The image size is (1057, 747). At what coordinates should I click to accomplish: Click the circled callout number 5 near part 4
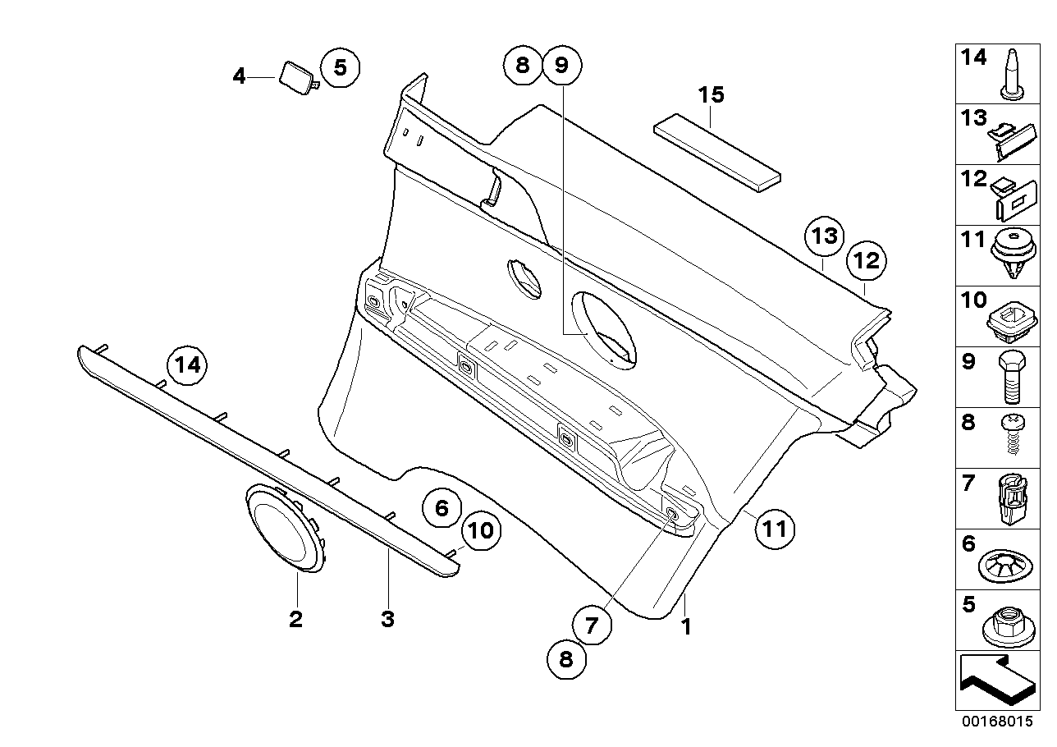[340, 66]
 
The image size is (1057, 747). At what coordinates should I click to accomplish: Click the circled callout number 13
[823, 236]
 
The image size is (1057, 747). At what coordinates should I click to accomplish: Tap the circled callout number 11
[775, 528]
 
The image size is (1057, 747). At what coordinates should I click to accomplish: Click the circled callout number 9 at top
[561, 65]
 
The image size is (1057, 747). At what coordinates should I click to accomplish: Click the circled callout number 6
[442, 508]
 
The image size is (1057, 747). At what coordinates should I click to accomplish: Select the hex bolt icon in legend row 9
[1010, 377]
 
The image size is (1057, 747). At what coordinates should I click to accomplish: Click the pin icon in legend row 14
[1012, 73]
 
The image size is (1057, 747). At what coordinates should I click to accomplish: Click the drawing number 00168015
[998, 722]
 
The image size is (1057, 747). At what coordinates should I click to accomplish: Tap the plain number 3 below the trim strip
[387, 620]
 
